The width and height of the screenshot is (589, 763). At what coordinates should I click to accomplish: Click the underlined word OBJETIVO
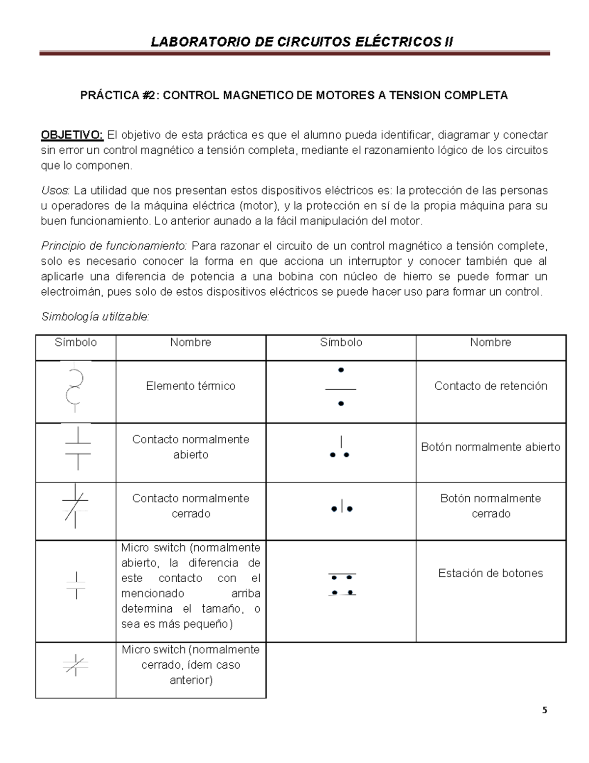tap(72, 135)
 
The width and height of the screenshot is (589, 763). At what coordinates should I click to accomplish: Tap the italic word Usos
tap(55, 190)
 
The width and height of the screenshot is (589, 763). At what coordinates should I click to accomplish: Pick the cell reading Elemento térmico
tap(190, 386)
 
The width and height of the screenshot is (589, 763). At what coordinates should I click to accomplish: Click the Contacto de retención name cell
tap(490, 386)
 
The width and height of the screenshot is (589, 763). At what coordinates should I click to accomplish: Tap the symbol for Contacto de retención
tap(341, 387)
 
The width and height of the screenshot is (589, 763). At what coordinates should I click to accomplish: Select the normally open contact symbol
tap(77, 448)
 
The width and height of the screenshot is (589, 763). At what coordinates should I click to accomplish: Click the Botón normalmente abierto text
tap(490, 447)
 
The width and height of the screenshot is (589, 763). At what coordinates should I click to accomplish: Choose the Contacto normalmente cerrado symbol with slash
tap(75, 506)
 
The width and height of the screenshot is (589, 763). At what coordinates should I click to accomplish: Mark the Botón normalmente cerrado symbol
tap(341, 508)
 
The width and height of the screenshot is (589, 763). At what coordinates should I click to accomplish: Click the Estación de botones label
tap(490, 573)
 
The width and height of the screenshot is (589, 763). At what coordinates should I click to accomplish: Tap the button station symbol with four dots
tap(342, 585)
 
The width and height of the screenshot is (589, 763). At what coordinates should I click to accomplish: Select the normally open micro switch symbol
tap(76, 585)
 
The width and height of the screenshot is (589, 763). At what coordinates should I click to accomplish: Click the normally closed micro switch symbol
tap(76, 665)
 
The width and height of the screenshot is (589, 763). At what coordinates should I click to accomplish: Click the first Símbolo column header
tap(76, 342)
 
